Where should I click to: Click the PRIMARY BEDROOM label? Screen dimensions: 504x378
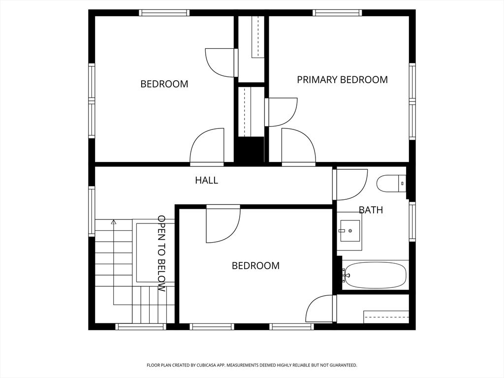coord(343,80)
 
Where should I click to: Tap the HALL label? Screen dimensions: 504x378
coord(207,180)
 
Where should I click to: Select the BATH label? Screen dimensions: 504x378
coord(371,210)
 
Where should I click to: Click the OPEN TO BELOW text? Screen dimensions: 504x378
coord(161,253)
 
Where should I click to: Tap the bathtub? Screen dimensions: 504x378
coord(375,276)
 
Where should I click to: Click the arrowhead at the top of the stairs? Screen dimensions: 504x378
coord(113,222)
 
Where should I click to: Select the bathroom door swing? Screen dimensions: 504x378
coord(350,185)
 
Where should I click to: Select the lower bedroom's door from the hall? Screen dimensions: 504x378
coord(223,224)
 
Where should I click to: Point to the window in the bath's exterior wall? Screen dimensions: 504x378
coord(412,221)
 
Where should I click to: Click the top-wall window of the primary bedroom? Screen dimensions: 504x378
coord(337,13)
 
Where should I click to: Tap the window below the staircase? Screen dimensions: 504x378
coord(140,327)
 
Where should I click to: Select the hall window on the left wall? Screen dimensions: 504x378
coord(92,212)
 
